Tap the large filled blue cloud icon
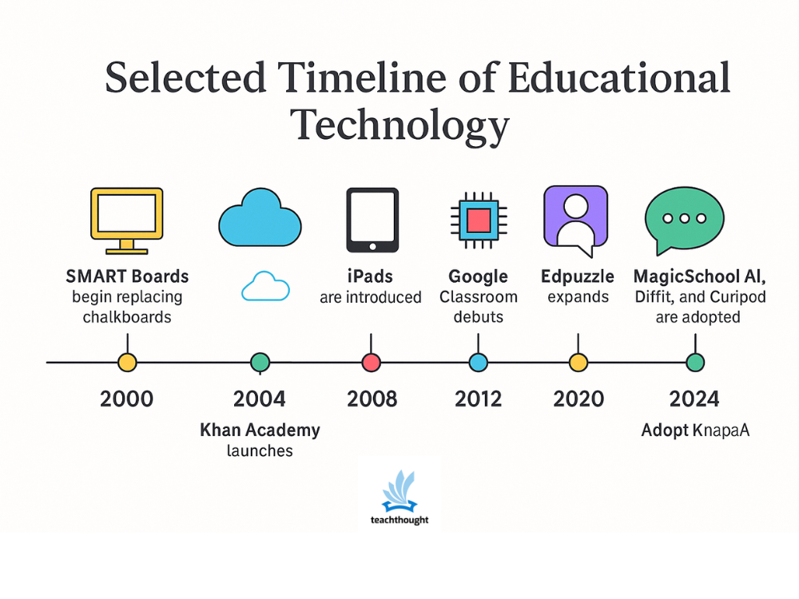pos(260,215)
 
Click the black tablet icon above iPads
pos(372,220)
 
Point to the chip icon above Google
pos(478,220)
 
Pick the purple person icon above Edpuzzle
pos(575,220)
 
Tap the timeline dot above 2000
pos(127,362)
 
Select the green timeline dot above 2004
pos(260,362)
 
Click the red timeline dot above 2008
pos(371,362)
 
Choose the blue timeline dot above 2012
pos(478,362)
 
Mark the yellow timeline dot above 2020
pos(578,362)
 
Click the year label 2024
pos(694,399)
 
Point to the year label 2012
pos(478,399)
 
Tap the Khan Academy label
pos(260,430)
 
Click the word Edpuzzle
pos(578,277)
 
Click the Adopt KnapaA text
pos(695,430)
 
